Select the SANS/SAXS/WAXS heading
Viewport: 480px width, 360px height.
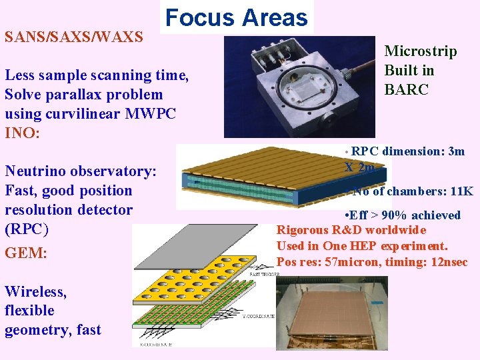click(x=73, y=36)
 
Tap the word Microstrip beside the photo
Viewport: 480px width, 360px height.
click(x=421, y=51)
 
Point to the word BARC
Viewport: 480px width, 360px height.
click(x=407, y=89)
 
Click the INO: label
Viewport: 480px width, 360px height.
click(x=22, y=132)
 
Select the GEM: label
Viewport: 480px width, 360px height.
click(x=26, y=253)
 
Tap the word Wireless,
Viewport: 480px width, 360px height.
click(x=35, y=291)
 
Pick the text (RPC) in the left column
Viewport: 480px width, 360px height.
click(x=26, y=229)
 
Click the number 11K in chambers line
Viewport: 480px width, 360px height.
click(x=461, y=192)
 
